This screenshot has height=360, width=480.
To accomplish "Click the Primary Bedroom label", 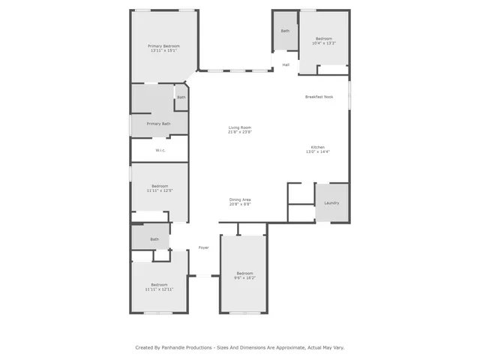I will pos(163,46).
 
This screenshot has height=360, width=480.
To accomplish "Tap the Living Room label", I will pos(240,128).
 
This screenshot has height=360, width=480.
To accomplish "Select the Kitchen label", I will pos(319,146).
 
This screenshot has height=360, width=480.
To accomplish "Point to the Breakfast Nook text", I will pos(319,97).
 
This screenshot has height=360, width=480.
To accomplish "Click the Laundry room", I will pos(331,203).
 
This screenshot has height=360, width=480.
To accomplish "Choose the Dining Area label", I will pos(240,199).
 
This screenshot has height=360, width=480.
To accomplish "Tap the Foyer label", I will pos(203,247).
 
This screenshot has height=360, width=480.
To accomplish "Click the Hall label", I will pos(286,65).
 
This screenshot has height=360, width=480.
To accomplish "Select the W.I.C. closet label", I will pos(160,151).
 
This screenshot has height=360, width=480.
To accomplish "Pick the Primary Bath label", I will pos(158,124).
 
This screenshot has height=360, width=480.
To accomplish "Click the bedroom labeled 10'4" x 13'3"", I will pos(324,40).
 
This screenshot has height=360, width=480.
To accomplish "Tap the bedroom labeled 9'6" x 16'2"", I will pos(245,275).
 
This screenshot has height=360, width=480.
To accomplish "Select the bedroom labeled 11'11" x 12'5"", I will pos(159,188).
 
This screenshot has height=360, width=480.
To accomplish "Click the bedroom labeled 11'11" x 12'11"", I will pos(159,286).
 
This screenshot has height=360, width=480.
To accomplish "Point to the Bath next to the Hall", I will pos(285,31).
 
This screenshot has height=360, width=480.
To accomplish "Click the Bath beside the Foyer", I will pos(154,239).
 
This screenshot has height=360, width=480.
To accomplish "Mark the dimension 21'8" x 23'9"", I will pos(240,133).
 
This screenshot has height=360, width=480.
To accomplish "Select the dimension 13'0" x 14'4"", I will pos(319,151).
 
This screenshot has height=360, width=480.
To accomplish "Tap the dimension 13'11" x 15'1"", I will pos(163,50).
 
